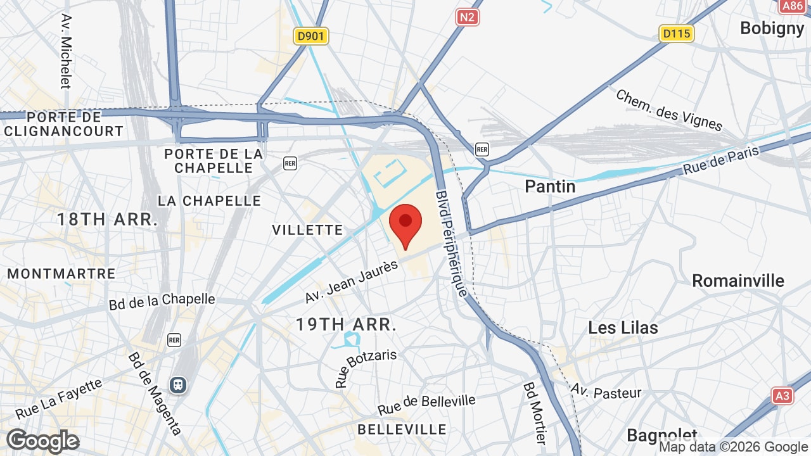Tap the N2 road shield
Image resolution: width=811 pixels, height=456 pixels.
(x=467, y=16)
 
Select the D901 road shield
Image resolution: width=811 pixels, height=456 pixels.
(x=310, y=36)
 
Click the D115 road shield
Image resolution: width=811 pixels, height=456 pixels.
(x=676, y=33)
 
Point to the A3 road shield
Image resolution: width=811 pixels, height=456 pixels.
(x=782, y=396)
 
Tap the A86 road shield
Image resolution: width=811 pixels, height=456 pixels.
(x=792, y=6)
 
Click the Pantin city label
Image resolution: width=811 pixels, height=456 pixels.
(x=550, y=186)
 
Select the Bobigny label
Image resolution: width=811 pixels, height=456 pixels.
(x=772, y=28)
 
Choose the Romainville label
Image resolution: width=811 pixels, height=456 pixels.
(x=738, y=281)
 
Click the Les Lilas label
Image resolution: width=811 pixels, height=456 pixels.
(x=623, y=327)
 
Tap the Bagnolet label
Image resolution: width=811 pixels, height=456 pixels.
(x=661, y=435)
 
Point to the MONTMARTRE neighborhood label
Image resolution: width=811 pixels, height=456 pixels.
(x=61, y=274)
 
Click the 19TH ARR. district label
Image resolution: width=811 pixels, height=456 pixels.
(x=346, y=325)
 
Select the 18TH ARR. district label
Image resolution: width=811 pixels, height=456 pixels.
(x=107, y=220)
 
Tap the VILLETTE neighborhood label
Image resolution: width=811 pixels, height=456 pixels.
(x=307, y=230)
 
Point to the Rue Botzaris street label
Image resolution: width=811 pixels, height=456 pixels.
(x=366, y=367)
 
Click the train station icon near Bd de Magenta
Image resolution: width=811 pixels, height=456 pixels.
(x=179, y=384)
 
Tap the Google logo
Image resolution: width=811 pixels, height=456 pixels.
(x=43, y=441)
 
